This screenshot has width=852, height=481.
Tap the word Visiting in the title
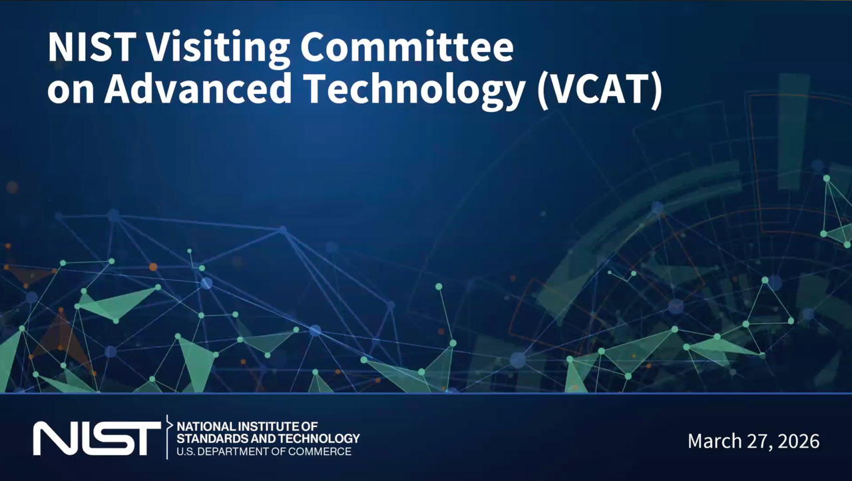pyautogui.click(x=216, y=49)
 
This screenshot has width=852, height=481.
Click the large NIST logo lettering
pyautogui.click(x=97, y=438)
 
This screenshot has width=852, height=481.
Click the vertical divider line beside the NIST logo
pyautogui.click(x=167, y=437)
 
